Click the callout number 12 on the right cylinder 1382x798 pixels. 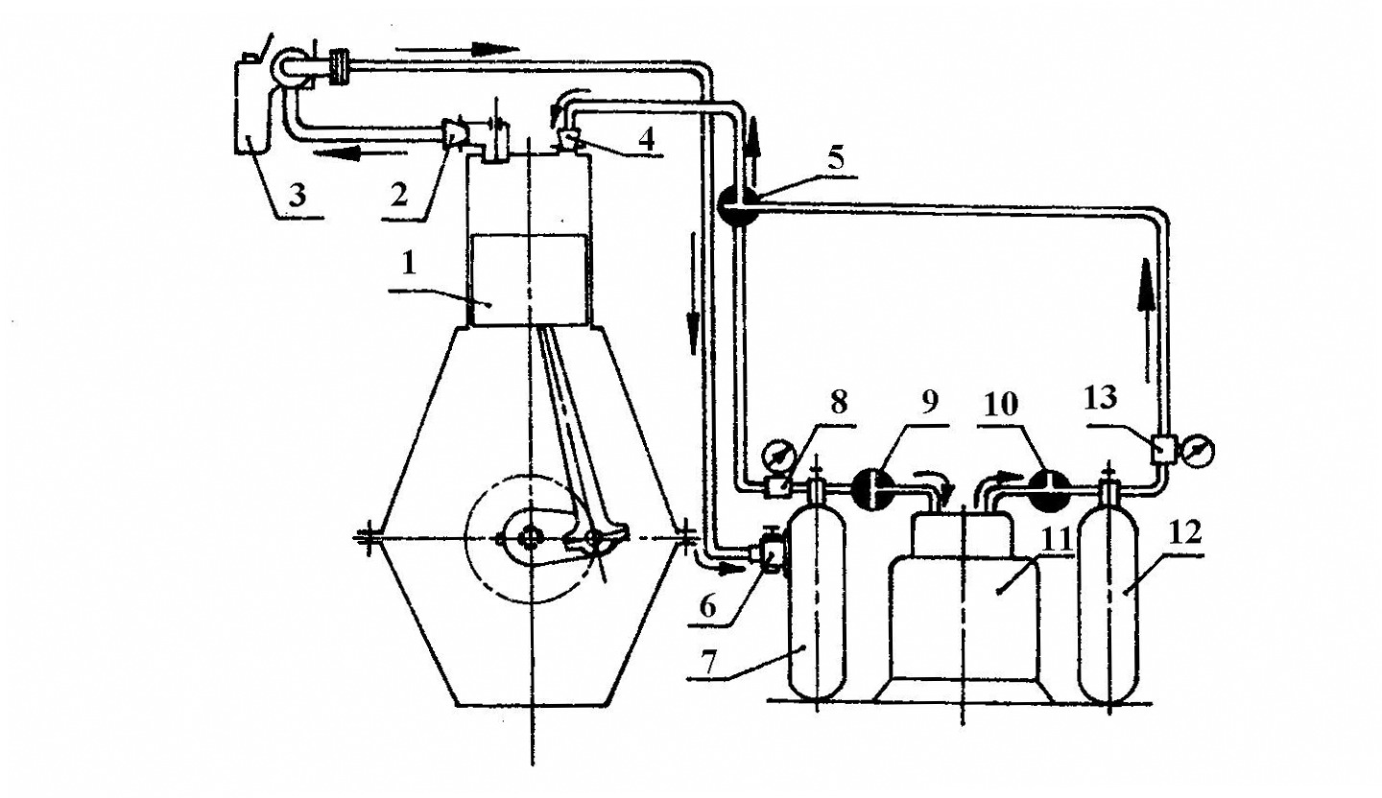pyautogui.click(x=1186, y=533)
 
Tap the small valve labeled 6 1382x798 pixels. pyautogui.click(x=771, y=555)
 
